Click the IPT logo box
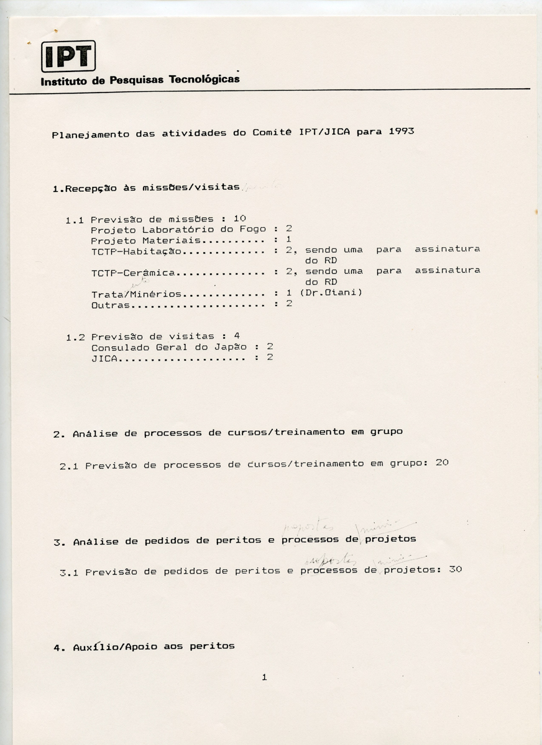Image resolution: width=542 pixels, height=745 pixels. (68, 56)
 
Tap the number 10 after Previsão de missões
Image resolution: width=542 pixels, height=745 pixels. (240, 218)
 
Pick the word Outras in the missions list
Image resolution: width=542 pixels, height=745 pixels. (110, 305)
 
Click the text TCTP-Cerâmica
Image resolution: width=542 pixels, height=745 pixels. (133, 273)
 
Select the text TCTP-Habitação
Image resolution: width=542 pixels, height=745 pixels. (136, 251)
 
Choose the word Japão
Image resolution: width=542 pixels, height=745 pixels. (232, 347)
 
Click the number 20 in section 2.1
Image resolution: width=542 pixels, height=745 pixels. (441, 463)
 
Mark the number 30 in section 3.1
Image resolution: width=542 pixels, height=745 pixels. (455, 569)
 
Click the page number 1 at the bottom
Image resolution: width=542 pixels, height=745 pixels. (264, 677)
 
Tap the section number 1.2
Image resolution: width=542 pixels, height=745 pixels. (75, 338)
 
